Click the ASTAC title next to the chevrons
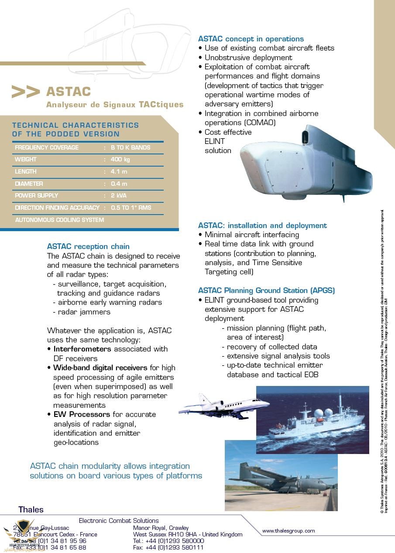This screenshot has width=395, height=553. [x=69, y=92]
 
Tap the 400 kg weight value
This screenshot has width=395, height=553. [x=120, y=160]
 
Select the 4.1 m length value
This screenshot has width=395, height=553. [x=119, y=172]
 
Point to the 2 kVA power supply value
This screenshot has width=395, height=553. [x=119, y=196]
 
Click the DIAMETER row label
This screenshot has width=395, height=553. [x=29, y=184]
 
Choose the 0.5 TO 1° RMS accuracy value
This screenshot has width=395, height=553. [x=131, y=208]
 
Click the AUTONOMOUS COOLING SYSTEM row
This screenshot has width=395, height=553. [x=59, y=220]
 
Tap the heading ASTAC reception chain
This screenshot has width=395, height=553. [x=88, y=246]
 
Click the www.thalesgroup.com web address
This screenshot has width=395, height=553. [x=288, y=531]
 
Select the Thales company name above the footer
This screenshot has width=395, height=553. [x=31, y=509]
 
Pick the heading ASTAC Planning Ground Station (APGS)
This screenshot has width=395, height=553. [x=266, y=290]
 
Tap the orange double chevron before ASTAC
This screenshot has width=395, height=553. [x=26, y=92]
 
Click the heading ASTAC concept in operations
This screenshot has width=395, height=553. [x=251, y=39]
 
